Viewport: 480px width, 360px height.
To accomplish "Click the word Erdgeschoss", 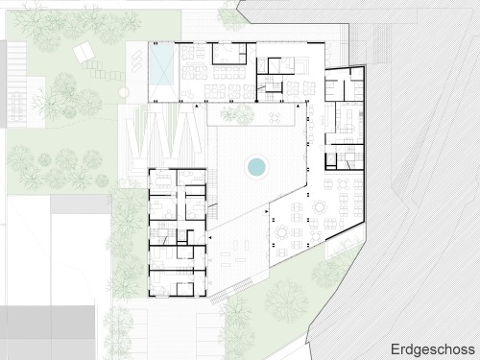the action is click(433, 349).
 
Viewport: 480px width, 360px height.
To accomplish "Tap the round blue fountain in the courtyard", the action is click(256, 166).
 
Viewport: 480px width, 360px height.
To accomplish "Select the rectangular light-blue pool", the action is click(161, 64).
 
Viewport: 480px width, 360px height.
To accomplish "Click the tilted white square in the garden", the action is click(84, 53).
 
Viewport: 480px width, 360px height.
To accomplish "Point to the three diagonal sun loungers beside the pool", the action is click(136, 60).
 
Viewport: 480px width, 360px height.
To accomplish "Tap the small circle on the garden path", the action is click(124, 92).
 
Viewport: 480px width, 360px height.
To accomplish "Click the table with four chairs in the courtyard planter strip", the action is click(275, 117).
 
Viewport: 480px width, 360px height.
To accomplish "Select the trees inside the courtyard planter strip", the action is click(237, 113).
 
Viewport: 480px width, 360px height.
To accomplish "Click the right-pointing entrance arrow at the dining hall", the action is click(267, 211).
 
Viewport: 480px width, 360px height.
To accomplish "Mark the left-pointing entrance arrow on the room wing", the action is click(210, 237).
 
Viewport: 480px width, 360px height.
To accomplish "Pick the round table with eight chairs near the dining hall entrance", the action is click(282, 232).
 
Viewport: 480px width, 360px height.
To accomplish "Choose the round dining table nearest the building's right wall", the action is click(320, 207).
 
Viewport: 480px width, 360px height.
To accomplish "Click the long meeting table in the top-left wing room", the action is click(164, 181).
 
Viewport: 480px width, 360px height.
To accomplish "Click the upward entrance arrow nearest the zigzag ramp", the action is click(197, 106).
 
